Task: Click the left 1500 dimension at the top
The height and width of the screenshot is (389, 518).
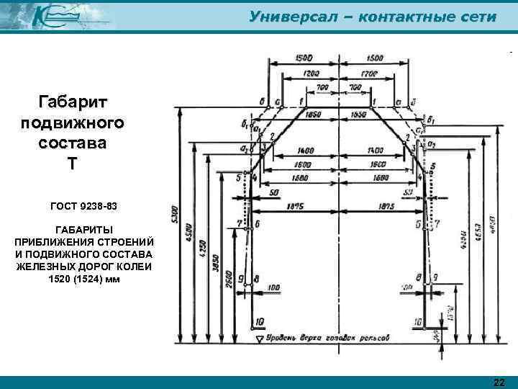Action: point(306,57)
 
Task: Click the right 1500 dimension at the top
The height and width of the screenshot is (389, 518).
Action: point(374,57)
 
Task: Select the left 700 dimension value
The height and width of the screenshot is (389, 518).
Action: point(322,87)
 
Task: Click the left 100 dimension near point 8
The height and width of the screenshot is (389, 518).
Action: point(273,287)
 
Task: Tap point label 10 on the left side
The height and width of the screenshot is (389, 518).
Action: point(258,321)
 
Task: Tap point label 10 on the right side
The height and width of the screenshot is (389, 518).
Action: point(417,321)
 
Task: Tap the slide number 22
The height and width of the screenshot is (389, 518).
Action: point(500,382)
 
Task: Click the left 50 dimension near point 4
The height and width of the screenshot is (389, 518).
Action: point(274,193)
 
